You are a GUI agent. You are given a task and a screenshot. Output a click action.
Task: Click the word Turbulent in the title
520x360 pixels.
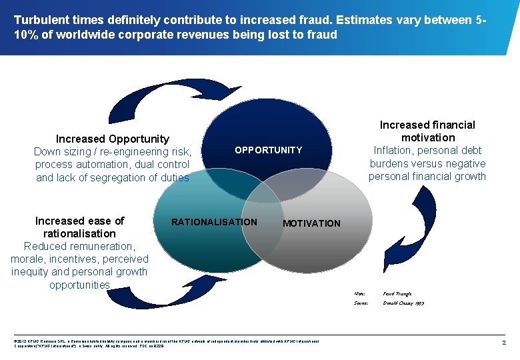41,20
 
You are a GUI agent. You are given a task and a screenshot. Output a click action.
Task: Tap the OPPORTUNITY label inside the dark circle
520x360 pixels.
268,150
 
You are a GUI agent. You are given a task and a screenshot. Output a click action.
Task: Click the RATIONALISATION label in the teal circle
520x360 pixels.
214,222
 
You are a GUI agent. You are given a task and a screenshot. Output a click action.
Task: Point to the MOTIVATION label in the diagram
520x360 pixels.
311,223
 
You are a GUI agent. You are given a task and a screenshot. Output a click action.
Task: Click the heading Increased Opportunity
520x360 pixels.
112,139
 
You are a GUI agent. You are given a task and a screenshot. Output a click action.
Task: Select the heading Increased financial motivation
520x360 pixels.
427,131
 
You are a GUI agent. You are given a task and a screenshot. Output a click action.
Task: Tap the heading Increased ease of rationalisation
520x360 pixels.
79,227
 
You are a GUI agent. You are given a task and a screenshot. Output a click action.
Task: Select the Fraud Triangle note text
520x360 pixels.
397,293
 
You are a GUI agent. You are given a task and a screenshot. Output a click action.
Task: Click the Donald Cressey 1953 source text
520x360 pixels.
403,303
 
